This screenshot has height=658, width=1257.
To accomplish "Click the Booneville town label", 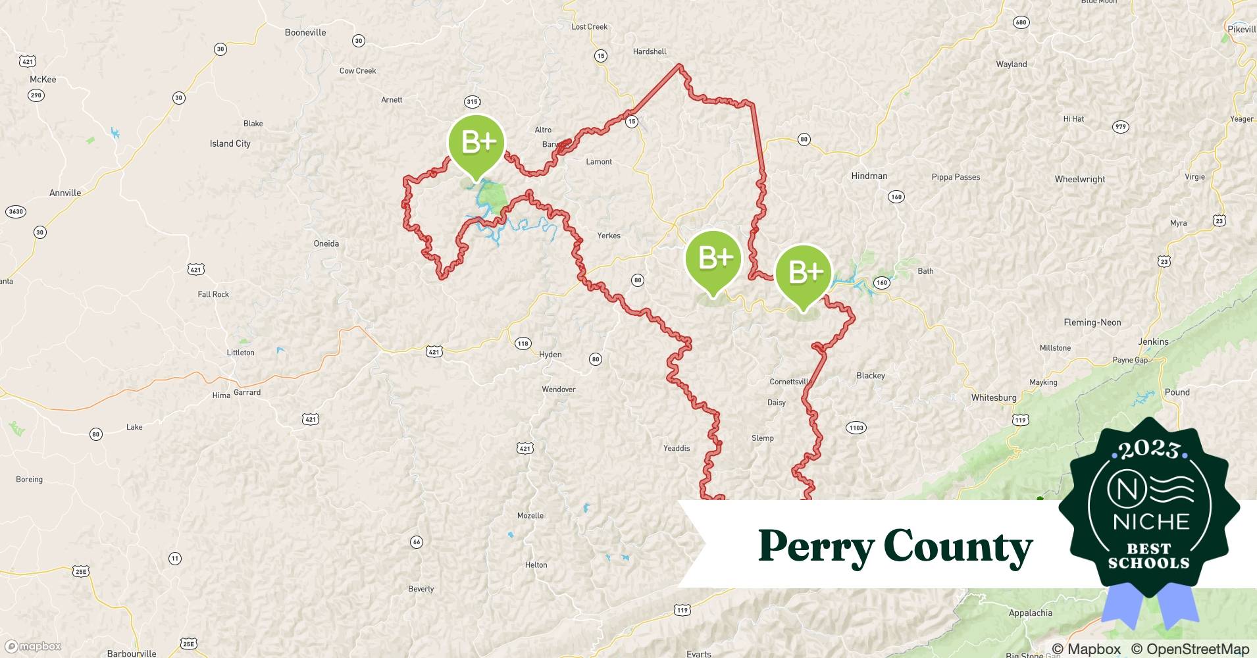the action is coord(305,32).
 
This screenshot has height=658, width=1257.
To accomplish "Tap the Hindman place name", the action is coord(869,176).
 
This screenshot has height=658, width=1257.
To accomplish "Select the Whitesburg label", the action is coord(994,397).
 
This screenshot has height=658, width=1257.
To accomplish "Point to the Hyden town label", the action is coord(550,354).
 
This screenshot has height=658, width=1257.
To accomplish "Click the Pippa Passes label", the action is coord(956,177).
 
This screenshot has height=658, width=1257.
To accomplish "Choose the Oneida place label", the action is coord(326,243).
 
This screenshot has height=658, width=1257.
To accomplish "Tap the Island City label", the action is coord(230,143).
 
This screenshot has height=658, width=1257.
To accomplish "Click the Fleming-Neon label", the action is coord(1092,322).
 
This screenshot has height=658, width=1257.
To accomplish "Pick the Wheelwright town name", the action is coord(1080,179).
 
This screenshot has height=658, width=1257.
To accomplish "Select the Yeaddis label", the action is coord(677,448).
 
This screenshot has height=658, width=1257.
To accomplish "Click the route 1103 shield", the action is coord(856,428).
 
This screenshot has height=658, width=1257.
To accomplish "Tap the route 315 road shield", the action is coord(472,101).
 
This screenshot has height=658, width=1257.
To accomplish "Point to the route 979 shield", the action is coord(1120,127).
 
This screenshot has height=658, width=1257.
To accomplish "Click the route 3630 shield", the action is coord(15,212).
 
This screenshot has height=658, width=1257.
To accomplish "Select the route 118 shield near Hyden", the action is coord(523,343).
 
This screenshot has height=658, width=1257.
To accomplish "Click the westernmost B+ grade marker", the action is coord(476,143).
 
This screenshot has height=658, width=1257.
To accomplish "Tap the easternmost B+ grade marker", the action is coord(804,272).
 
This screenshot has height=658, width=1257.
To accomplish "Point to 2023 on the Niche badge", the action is coord(1149,449).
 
